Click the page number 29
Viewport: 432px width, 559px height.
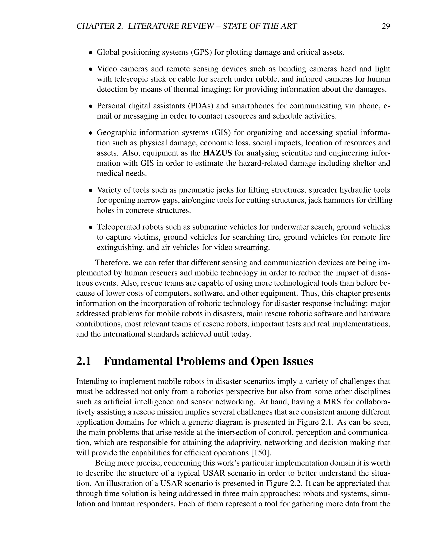coord(386,26)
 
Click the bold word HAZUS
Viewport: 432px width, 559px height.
coord(217,153)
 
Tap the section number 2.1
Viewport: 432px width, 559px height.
coord(84,361)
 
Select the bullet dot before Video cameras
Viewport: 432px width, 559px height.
coord(90,69)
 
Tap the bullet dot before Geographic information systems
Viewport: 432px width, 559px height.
coord(90,133)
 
